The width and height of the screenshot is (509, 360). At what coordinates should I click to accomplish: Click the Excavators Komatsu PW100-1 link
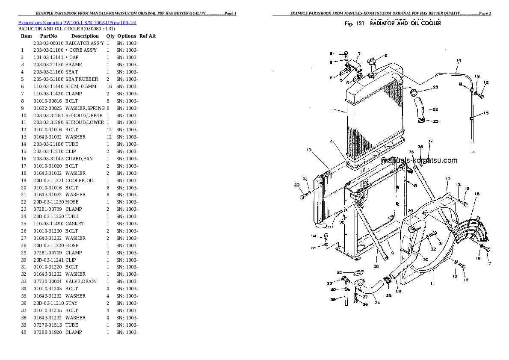(x=77, y=22)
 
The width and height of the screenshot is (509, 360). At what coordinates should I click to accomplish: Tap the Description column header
(x=85, y=36)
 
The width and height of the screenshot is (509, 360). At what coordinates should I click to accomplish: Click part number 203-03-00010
(x=48, y=43)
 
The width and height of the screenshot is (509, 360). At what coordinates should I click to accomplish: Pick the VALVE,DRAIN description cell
(x=81, y=281)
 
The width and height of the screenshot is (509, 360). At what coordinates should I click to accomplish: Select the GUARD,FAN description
(x=79, y=159)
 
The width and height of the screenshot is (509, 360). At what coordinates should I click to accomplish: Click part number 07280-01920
(x=48, y=332)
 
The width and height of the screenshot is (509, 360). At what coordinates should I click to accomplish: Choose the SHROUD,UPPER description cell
(x=84, y=115)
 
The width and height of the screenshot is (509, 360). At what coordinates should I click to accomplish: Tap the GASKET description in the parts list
(x=75, y=224)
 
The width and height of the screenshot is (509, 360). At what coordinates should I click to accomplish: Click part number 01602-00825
(x=48, y=108)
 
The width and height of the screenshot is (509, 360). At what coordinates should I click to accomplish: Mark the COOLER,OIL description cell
(x=80, y=180)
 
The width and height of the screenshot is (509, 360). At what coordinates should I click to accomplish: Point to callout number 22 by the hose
(x=435, y=109)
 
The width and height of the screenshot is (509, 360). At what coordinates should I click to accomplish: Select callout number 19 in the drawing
(x=309, y=150)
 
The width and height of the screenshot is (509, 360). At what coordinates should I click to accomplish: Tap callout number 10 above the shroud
(x=447, y=179)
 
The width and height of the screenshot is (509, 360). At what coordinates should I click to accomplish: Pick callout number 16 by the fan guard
(x=477, y=194)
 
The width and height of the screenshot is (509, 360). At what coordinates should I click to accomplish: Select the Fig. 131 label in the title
(x=354, y=24)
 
